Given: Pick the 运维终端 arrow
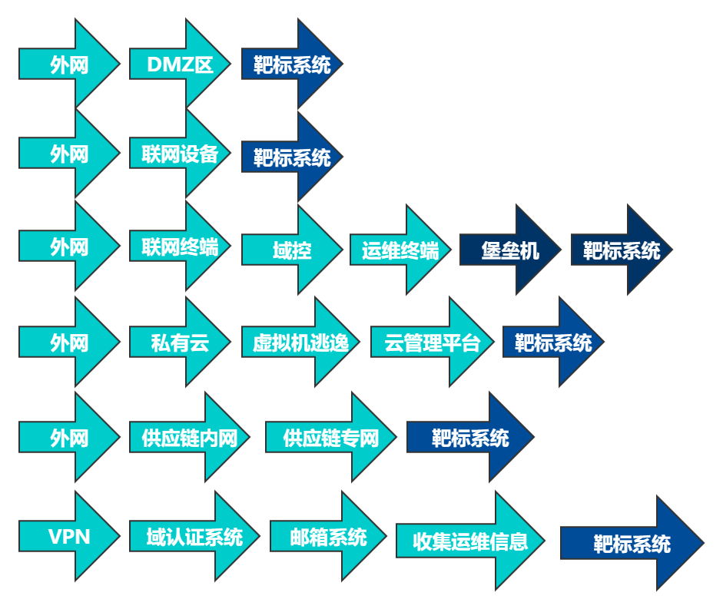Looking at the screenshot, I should (x=400, y=250).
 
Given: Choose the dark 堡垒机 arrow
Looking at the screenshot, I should (x=510, y=250).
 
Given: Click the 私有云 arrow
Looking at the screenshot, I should (x=180, y=343).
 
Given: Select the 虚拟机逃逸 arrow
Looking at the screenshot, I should (x=300, y=343).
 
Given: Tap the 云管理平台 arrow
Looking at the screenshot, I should (x=433, y=343).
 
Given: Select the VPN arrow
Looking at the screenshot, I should (x=69, y=536).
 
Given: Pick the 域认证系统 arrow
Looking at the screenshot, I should (x=194, y=536).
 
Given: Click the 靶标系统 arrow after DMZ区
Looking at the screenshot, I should (x=292, y=65).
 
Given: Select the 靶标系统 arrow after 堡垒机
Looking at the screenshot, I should (x=621, y=250).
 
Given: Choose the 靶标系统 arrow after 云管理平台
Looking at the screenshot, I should (x=553, y=343).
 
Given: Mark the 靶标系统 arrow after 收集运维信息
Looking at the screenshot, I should (x=632, y=544).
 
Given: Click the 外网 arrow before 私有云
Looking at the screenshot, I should (x=69, y=343).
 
